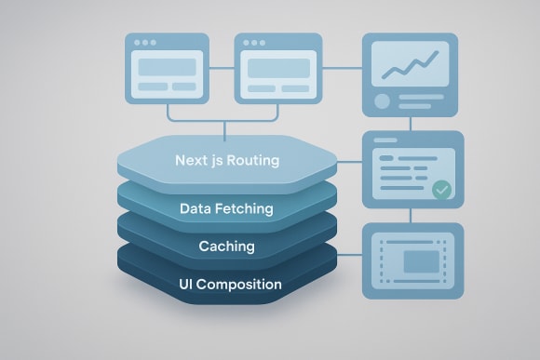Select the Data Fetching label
tap(226, 208)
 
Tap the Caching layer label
tap(226, 247)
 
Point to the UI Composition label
tap(226, 284)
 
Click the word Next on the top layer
tap(192, 160)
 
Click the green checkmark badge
tap(441, 190)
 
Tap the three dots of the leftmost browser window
tap(144, 43)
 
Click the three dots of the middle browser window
tap(252, 43)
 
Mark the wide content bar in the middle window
tap(276, 67)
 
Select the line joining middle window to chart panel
tap(339, 67)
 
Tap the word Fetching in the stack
tap(246, 208)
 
